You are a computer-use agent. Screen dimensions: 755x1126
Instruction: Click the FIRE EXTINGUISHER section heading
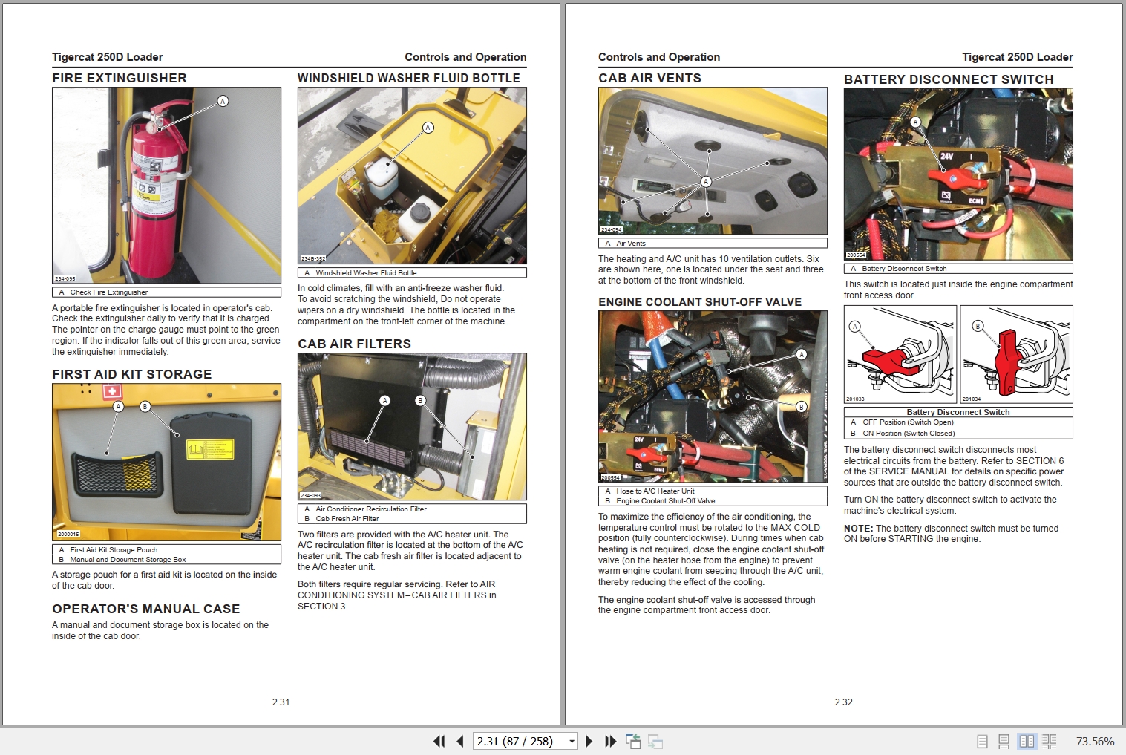click(x=120, y=78)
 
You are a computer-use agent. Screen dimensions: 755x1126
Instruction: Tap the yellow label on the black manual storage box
click(x=209, y=449)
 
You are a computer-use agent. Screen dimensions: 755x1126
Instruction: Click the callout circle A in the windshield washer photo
click(x=428, y=128)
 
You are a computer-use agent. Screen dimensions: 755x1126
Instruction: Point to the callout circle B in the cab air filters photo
click(x=420, y=401)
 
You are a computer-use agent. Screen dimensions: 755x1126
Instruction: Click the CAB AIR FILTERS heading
click(x=354, y=344)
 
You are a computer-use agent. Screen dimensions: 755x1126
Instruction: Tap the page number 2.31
click(x=281, y=702)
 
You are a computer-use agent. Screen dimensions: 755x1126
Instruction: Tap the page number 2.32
click(x=843, y=702)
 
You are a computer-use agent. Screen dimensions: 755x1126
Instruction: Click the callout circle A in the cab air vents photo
click(x=706, y=182)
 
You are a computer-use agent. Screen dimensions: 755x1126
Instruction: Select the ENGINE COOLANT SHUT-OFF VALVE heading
click(x=700, y=302)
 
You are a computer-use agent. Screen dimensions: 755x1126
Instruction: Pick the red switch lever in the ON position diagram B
click(x=1006, y=362)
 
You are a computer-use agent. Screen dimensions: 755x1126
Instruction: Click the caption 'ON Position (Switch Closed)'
click(x=909, y=433)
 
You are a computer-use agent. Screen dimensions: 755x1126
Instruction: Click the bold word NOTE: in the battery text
click(x=857, y=529)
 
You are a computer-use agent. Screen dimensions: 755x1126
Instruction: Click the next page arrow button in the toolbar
click(x=589, y=741)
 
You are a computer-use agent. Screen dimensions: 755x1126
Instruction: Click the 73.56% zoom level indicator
click(x=1095, y=741)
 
